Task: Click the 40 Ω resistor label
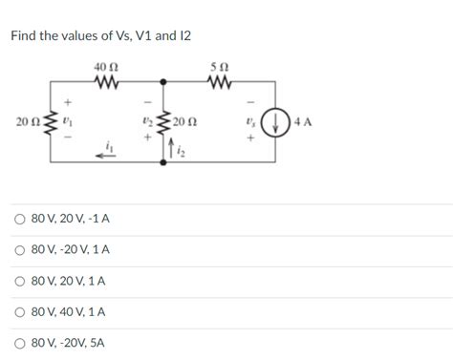pos(106,66)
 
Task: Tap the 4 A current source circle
pos(276,123)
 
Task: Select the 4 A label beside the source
pos(305,123)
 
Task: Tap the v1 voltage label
pos(66,122)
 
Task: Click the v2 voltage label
pos(144,122)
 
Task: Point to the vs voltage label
pos(249,122)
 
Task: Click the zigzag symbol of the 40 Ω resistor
pos(106,82)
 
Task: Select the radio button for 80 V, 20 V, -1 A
pos(19,219)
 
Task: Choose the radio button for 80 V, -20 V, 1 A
pos(19,250)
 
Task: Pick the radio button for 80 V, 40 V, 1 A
pos(19,312)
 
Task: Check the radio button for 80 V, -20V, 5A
pos(19,343)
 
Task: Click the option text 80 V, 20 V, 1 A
pos(69,282)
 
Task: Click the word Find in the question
pos(24,36)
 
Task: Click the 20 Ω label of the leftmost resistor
pos(28,122)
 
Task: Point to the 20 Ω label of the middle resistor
pos(186,122)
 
